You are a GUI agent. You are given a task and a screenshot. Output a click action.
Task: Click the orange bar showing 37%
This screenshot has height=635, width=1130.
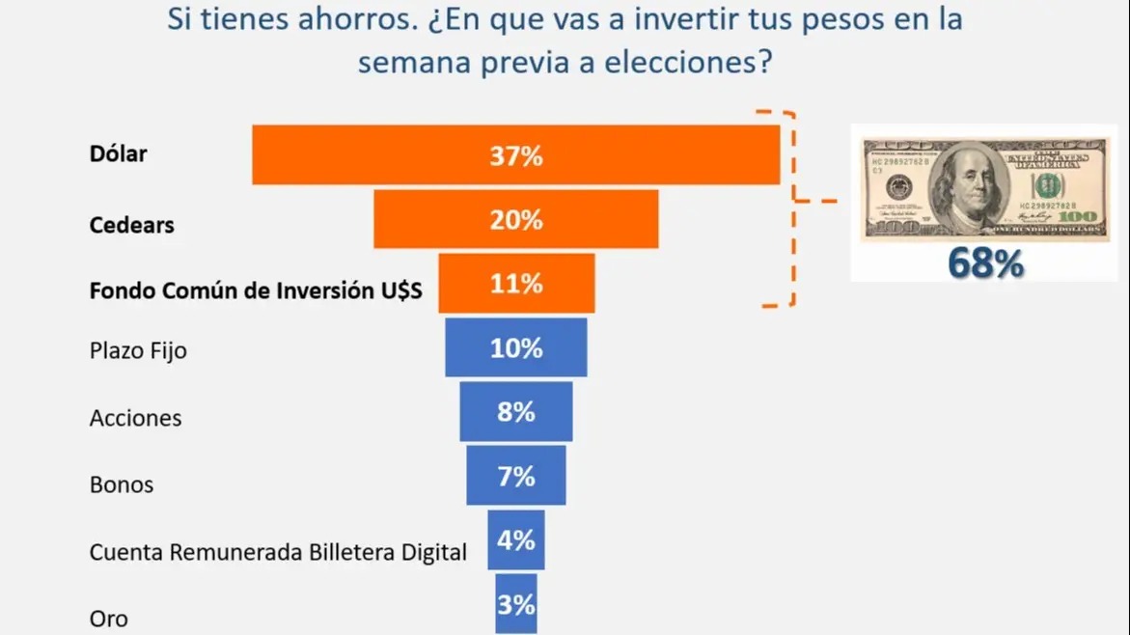(x=515, y=154)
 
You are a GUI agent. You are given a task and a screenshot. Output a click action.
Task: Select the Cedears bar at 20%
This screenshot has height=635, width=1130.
(x=515, y=219)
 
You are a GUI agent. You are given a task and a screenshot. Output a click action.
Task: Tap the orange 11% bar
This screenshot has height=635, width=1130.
(x=515, y=284)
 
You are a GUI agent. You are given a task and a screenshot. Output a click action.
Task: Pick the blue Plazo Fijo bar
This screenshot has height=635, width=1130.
(x=515, y=347)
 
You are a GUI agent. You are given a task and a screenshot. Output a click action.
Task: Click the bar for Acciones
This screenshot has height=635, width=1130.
(x=515, y=412)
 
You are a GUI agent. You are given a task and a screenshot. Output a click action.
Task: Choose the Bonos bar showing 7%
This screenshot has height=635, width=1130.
(x=515, y=476)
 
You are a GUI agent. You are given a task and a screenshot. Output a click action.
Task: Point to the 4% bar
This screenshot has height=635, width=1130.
(x=515, y=540)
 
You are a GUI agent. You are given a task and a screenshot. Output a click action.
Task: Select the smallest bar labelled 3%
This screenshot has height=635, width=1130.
(x=515, y=605)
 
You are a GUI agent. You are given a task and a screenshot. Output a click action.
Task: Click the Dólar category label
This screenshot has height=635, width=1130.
(x=118, y=152)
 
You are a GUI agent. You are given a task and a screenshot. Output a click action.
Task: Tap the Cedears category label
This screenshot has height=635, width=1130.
(x=131, y=225)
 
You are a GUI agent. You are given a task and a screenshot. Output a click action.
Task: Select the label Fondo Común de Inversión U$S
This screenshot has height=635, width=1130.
(x=255, y=290)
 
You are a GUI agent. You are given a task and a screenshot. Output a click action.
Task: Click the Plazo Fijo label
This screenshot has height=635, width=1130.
(x=137, y=351)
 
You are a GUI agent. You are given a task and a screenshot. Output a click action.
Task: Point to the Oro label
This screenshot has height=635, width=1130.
(x=108, y=619)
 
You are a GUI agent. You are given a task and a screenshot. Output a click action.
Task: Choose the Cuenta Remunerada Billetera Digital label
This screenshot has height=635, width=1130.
(x=278, y=552)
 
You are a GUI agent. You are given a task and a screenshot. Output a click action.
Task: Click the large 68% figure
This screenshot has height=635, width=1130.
(x=984, y=263)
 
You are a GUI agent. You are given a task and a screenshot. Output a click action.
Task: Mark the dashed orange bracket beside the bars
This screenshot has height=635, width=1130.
(x=792, y=208)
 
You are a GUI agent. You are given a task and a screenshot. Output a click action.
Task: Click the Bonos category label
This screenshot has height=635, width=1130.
(x=122, y=483)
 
